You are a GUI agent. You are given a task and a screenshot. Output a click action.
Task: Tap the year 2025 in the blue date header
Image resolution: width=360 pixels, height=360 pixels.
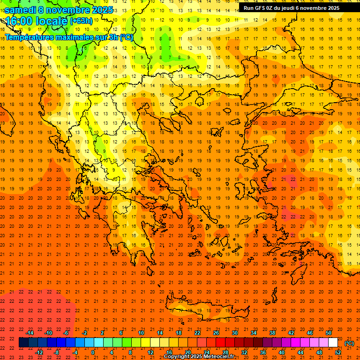102,10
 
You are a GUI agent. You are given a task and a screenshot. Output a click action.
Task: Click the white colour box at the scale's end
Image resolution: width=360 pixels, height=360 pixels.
333,343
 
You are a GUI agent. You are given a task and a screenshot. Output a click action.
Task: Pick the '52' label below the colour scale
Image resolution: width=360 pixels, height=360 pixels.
337,352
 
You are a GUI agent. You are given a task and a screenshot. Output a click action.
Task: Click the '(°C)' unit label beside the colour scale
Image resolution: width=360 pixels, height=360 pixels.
349,343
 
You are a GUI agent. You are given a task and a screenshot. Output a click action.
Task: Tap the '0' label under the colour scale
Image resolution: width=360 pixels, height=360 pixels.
93,352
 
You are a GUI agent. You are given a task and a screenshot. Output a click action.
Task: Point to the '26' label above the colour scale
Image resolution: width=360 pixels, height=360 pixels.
216,333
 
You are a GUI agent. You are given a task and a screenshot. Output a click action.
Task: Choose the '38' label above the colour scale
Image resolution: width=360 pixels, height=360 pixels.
272,333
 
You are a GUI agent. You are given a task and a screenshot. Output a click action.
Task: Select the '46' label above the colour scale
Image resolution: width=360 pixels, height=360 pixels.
310,333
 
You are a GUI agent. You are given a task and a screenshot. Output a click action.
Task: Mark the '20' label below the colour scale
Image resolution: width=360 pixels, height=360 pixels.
187,352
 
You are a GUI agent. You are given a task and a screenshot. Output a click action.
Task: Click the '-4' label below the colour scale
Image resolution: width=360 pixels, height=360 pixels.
75,352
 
